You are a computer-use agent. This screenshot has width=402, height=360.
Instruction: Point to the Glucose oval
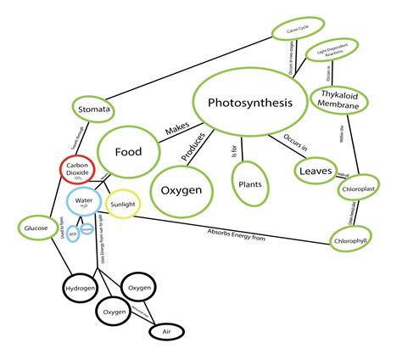36,228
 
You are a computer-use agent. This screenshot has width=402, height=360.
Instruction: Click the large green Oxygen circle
181,189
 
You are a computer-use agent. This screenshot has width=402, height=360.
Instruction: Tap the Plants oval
251,181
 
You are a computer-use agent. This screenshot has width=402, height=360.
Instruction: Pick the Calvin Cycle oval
293,31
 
